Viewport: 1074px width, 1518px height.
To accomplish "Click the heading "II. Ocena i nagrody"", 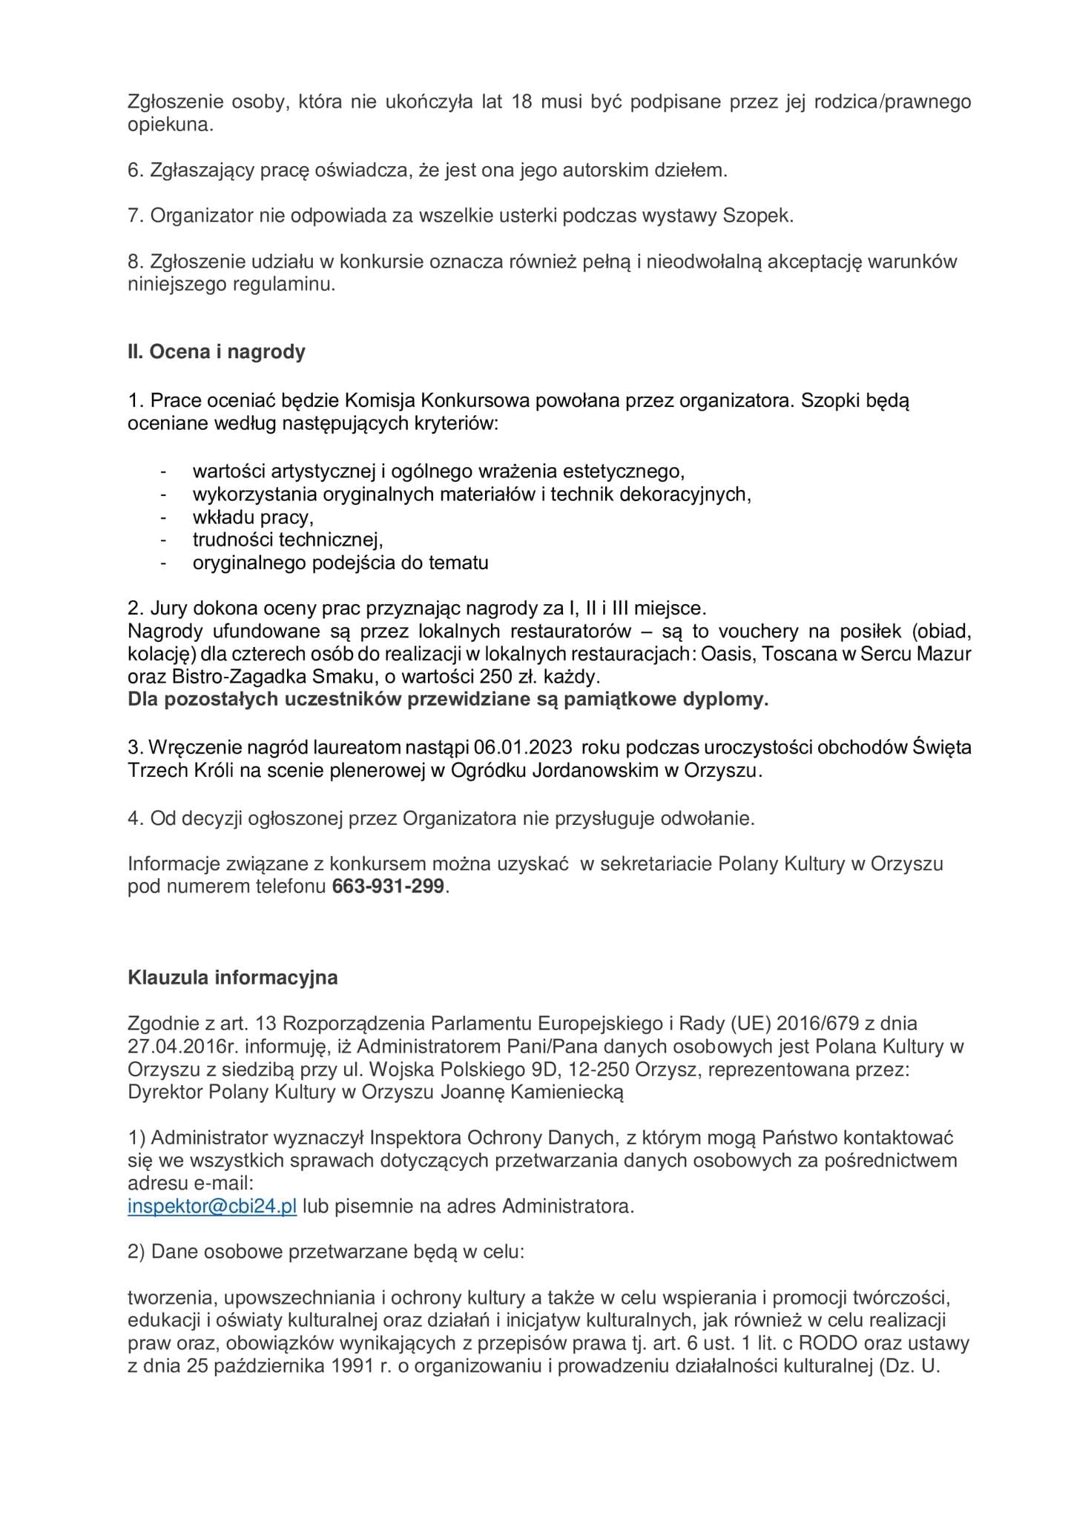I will [217, 352].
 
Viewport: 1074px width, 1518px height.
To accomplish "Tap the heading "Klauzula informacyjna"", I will [233, 978].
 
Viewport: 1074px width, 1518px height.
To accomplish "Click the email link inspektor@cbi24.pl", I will [212, 1206].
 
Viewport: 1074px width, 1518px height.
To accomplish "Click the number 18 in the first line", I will [522, 102].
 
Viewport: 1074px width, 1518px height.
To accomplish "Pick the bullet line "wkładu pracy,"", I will [253, 517].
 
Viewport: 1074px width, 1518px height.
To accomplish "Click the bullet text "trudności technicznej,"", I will [288, 540].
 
